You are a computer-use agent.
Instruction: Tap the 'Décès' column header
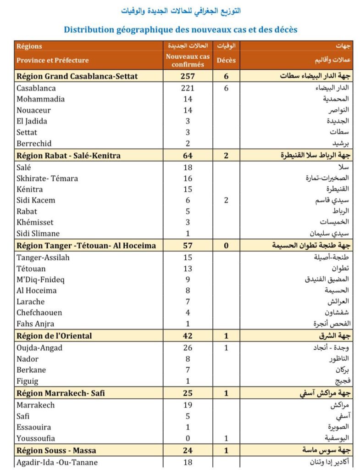226,60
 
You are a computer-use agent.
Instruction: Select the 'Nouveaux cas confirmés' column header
188,60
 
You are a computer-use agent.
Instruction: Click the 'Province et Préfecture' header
53,60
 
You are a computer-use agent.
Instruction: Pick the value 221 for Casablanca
188,88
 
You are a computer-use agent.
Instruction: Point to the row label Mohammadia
40,99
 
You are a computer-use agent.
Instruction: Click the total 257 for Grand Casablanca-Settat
188,76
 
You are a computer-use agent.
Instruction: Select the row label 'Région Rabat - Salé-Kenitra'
68,156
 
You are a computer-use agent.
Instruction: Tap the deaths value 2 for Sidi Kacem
226,200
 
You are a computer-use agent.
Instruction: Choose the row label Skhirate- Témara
47,178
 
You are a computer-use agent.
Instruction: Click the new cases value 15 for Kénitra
188,189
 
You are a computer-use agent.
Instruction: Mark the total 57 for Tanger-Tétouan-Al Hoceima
188,246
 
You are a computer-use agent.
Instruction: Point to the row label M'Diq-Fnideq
41,279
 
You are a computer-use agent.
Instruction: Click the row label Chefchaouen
39,313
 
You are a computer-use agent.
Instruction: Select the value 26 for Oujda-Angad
188,348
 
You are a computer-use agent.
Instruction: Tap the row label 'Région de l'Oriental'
54,336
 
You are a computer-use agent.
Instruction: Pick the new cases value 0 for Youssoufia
188,438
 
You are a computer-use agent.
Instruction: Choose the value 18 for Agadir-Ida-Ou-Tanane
188,462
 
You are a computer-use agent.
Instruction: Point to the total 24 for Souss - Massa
188,450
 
